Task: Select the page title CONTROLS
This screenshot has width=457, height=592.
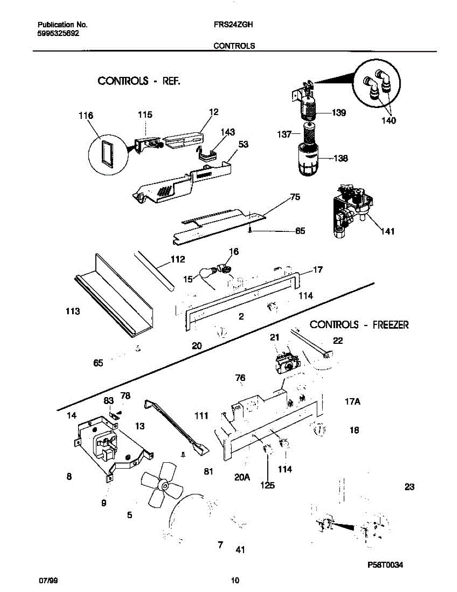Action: (234, 45)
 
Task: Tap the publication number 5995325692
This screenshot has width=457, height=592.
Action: (58, 34)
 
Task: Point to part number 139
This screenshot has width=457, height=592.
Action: (338, 113)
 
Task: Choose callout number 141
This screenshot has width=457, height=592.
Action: (388, 231)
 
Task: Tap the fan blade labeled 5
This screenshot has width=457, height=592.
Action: (162, 486)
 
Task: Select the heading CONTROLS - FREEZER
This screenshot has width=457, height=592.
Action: (359, 325)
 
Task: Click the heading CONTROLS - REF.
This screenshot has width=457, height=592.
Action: (139, 81)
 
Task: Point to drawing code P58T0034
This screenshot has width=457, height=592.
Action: (385, 566)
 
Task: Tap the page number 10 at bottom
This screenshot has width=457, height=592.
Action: (235, 580)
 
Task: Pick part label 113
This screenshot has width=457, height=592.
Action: (73, 312)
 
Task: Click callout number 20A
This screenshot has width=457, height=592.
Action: (242, 477)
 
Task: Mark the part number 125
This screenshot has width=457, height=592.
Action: (267, 485)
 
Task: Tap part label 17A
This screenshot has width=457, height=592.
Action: (352, 402)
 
